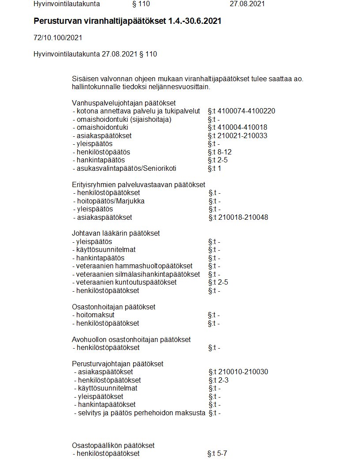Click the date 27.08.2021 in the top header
click(x=247, y=4)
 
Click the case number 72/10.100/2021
click(x=58, y=38)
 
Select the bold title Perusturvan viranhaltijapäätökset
click(x=100, y=21)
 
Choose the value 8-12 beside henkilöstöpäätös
click(x=225, y=152)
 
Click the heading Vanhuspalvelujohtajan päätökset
click(x=124, y=103)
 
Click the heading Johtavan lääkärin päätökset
click(x=116, y=233)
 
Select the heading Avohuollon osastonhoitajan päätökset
click(x=131, y=339)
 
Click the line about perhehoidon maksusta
click(x=139, y=413)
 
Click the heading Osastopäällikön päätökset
click(x=113, y=445)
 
